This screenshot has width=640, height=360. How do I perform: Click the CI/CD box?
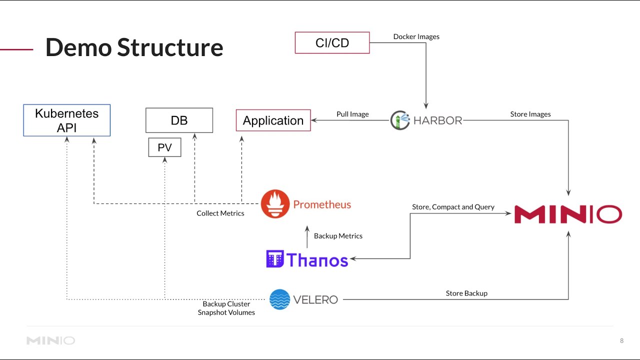(x=332, y=42)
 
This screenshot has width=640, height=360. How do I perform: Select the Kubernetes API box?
(x=66, y=120)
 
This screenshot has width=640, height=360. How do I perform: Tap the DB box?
(x=179, y=120)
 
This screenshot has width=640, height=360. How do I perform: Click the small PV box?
(x=164, y=147)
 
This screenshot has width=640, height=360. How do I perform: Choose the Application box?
(x=273, y=120)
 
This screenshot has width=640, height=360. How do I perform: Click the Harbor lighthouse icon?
(x=400, y=120)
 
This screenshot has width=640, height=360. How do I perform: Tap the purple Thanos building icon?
(x=275, y=259)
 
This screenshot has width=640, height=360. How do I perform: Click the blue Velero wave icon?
(x=279, y=299)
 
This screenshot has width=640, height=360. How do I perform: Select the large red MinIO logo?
(x=568, y=214)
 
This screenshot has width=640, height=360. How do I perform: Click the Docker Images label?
(x=416, y=36)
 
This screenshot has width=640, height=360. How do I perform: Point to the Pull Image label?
(x=352, y=114)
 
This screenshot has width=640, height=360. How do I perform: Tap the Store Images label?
(x=530, y=114)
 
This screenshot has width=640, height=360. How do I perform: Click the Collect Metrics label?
(x=220, y=213)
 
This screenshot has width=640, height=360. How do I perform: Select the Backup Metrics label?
(x=338, y=235)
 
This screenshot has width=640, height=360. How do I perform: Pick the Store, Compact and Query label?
(x=453, y=206)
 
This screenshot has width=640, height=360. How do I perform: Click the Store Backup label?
(x=466, y=293)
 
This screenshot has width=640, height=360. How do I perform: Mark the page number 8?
(x=621, y=340)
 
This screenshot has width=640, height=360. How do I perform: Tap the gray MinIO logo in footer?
(x=50, y=340)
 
